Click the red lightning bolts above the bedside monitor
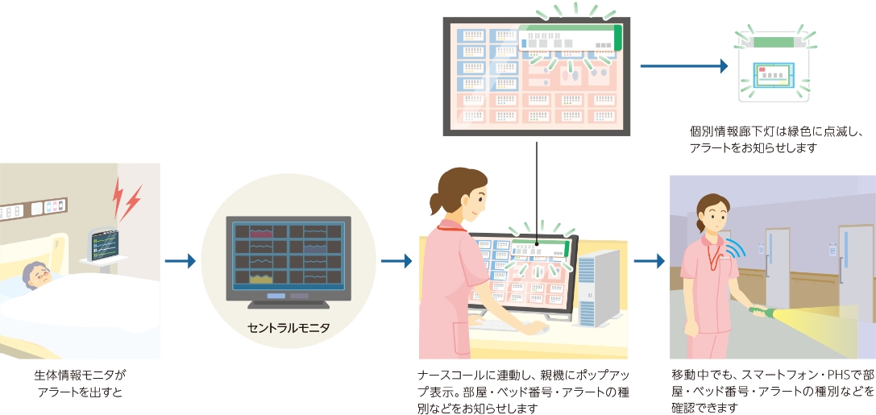(x=127, y=199)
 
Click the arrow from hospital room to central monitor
(x=180, y=261)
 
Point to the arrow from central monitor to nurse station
(x=396, y=261)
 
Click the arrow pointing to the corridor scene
(x=650, y=261)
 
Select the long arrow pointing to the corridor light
(x=684, y=66)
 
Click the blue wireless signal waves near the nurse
(x=737, y=247)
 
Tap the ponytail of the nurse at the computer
(x=436, y=203)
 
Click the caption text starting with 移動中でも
(x=773, y=391)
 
